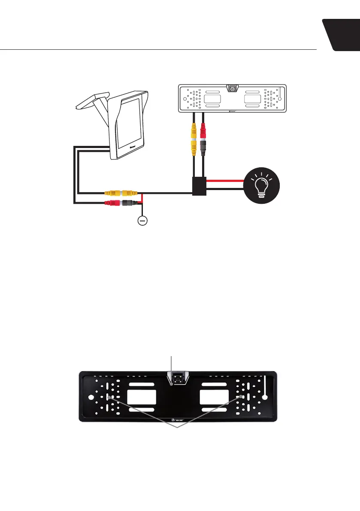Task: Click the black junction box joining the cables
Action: [199, 186]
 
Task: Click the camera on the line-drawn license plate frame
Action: [233, 89]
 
